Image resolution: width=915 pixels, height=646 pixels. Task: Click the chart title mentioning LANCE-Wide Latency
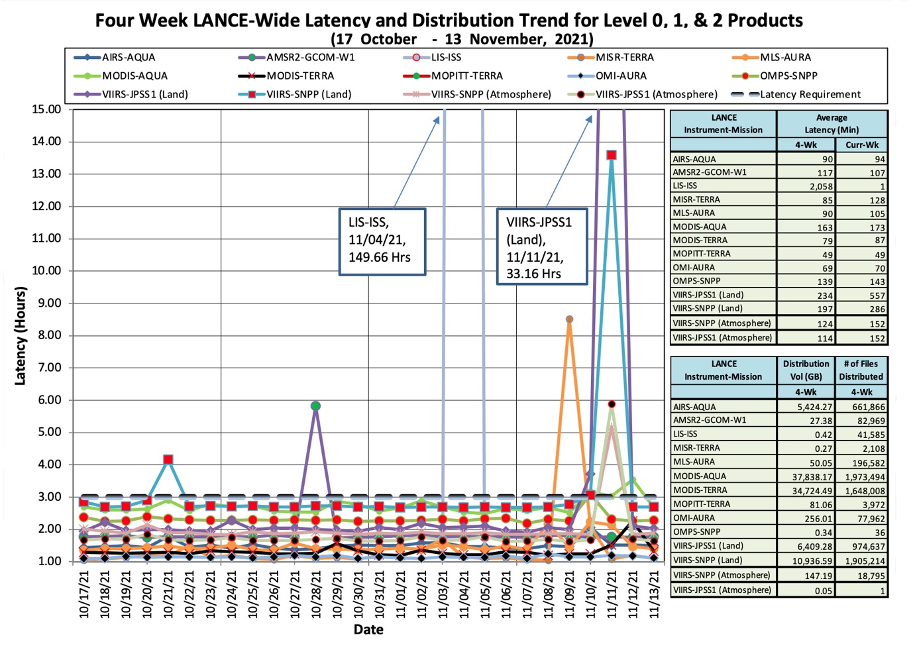coord(449,20)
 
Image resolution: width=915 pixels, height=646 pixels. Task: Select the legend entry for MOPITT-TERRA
coord(466,76)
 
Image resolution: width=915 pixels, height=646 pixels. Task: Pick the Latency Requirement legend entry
coord(810,94)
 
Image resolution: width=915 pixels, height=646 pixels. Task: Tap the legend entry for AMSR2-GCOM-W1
coord(310,57)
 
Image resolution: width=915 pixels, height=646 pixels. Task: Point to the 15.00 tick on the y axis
coord(46,109)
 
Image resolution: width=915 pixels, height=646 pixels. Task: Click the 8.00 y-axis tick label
coord(46,335)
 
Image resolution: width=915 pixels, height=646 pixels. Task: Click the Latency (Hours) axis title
coord(21,335)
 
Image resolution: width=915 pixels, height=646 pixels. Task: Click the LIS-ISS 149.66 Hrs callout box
coord(382,241)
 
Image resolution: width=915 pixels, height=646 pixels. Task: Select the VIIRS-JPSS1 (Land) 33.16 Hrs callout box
coord(541,247)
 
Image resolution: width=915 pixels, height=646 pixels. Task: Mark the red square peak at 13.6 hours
coord(612,155)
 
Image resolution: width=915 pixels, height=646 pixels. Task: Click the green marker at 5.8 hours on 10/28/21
coord(315,406)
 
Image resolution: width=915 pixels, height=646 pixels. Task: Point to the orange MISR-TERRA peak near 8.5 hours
coord(569,319)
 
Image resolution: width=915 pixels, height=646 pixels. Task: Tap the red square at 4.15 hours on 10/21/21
coord(168,459)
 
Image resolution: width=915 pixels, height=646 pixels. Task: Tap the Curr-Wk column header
coord(861,144)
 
